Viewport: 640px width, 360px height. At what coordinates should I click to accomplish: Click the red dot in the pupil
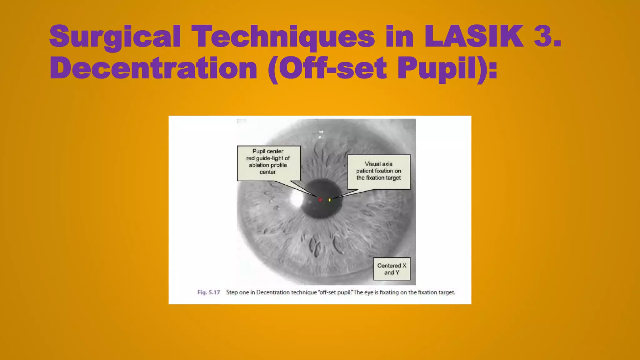point(320,200)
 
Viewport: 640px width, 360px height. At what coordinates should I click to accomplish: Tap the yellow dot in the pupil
point(330,200)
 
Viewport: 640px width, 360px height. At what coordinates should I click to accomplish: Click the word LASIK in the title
point(474,37)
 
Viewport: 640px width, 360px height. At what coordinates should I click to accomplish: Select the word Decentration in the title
point(153,68)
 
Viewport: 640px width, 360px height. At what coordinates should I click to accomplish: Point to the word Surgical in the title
point(115,37)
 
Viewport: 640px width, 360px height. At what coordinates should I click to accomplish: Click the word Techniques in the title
point(283,37)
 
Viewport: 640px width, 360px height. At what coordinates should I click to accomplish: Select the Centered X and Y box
point(392,269)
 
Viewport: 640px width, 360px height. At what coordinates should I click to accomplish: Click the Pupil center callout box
point(269,163)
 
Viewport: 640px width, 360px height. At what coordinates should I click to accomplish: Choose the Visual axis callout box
point(379,172)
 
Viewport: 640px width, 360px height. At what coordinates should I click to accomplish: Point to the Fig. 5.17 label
point(208,292)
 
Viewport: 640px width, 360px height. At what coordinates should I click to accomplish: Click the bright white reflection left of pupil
point(296,199)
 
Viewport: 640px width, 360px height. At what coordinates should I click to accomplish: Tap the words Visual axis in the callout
point(378,164)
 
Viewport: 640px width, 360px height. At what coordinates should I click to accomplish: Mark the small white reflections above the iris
point(320,134)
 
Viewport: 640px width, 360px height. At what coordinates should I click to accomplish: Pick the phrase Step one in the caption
point(237,292)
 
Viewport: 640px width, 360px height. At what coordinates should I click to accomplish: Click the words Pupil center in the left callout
point(268,151)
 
